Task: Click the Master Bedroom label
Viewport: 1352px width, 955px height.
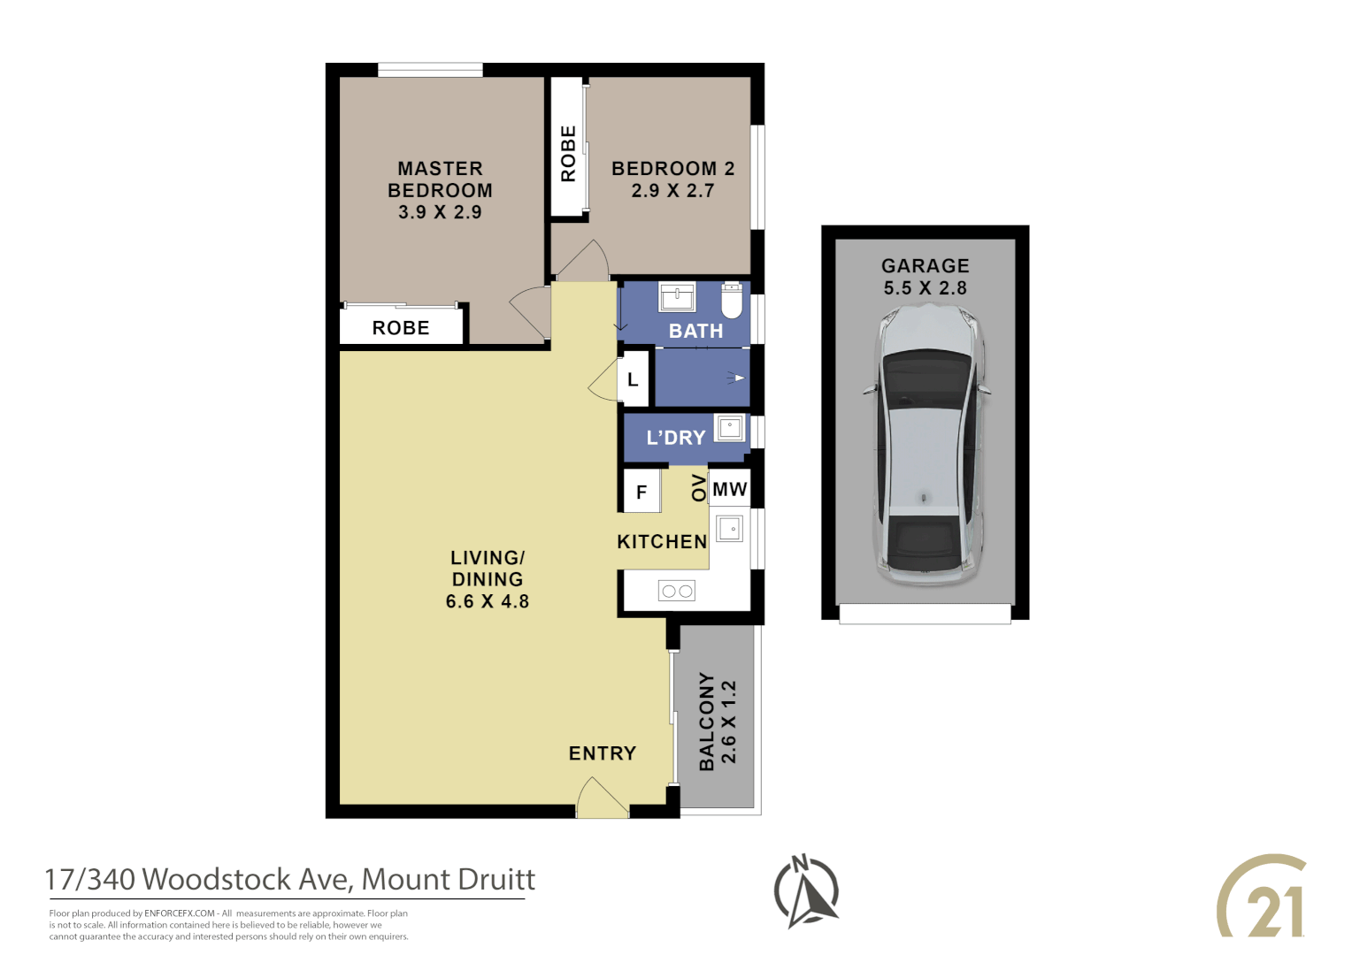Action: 440,180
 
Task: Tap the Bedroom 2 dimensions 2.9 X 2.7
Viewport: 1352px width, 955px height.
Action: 672,191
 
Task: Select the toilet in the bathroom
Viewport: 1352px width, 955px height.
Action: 732,301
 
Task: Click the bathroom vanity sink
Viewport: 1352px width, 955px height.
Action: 677,297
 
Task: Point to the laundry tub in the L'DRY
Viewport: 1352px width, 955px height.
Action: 729,429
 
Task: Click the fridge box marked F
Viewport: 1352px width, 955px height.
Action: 641,492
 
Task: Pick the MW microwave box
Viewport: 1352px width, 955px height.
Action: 730,489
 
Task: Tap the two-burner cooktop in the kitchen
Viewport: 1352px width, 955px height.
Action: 677,591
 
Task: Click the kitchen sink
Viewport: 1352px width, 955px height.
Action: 730,529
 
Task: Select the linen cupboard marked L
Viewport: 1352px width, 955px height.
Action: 633,380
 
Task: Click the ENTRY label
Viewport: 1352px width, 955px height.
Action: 603,753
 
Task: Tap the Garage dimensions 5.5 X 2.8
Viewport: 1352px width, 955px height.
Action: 926,288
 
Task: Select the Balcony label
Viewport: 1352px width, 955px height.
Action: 706,721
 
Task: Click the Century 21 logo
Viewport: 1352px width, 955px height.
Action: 1263,897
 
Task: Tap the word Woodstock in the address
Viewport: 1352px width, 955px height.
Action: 217,880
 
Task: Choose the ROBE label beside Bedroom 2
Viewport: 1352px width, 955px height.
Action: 568,154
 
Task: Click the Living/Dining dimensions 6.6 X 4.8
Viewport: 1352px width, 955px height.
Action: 488,601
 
